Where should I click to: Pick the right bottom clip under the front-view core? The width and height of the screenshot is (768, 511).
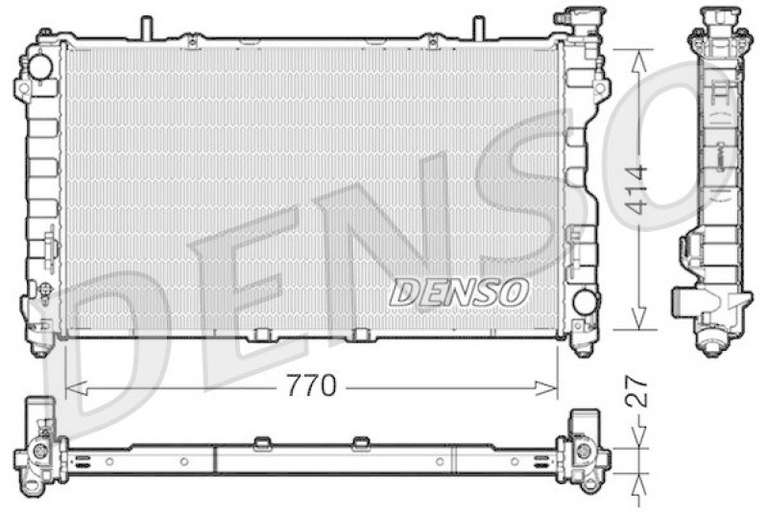[361, 335]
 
